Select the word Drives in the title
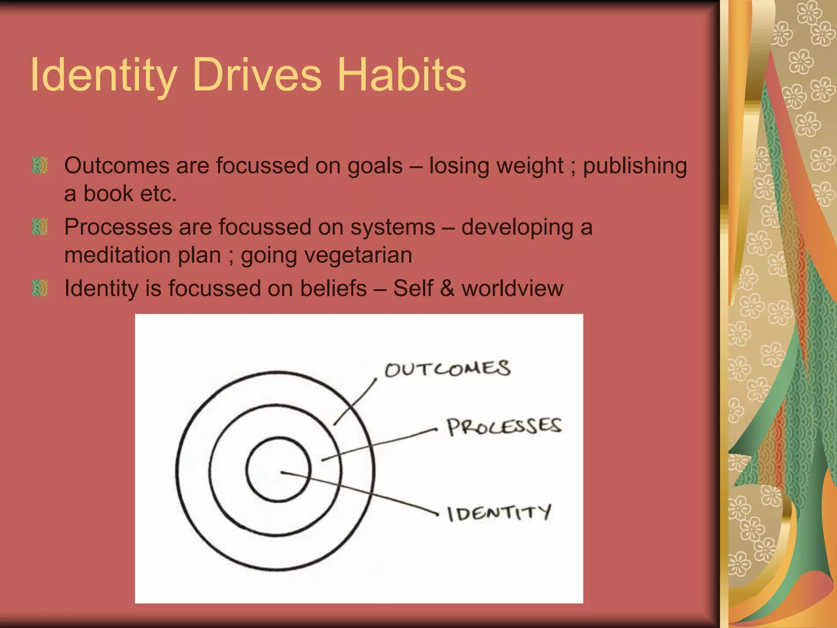(257, 75)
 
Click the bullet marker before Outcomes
(40, 165)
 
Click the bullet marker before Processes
(40, 227)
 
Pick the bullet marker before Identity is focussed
(40, 288)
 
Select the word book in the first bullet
(104, 194)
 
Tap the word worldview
(512, 288)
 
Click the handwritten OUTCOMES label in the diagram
(448, 369)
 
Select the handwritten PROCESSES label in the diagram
(504, 427)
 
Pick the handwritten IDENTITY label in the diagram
(499, 514)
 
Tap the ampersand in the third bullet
(447, 288)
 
